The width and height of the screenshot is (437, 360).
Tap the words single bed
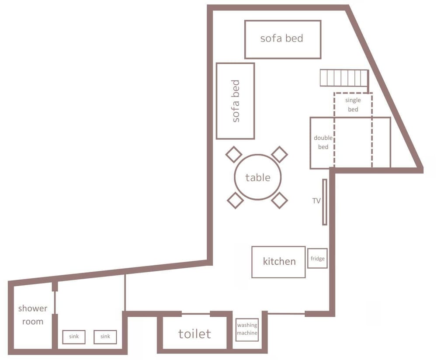coord(353,104)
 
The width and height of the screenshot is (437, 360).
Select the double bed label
coord(323,142)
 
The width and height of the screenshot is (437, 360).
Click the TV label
coord(316,201)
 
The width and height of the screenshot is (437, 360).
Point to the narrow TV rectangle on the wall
coord(325,202)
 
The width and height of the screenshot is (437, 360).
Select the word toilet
coord(194,334)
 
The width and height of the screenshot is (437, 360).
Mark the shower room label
coord(33,315)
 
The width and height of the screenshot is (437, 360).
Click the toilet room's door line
coord(196,314)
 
